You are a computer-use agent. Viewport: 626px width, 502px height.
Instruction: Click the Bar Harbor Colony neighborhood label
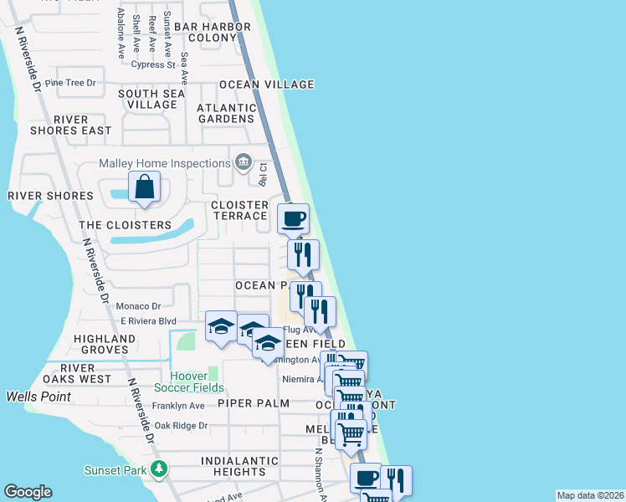point(220,33)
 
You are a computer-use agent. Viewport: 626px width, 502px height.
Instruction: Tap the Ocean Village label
point(266,85)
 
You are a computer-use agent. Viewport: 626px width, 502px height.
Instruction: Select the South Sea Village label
point(151,100)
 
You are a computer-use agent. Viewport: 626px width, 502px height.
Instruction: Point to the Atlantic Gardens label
point(226,114)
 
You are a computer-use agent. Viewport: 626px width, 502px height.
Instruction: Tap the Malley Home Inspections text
point(164,163)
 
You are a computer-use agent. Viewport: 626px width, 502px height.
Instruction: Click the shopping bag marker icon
point(145,187)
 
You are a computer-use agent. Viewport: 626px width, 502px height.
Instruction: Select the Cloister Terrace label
point(239,210)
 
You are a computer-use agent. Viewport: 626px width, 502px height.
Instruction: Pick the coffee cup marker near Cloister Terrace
point(293,219)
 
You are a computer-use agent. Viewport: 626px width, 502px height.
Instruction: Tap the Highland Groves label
point(105,344)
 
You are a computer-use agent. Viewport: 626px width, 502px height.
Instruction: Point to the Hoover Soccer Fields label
point(189,382)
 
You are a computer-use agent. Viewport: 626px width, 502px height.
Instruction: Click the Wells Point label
point(40,396)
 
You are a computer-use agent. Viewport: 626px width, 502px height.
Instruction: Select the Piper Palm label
point(253,403)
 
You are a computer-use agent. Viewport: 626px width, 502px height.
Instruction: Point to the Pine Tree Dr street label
point(71,83)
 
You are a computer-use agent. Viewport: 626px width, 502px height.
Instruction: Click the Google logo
point(28,492)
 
